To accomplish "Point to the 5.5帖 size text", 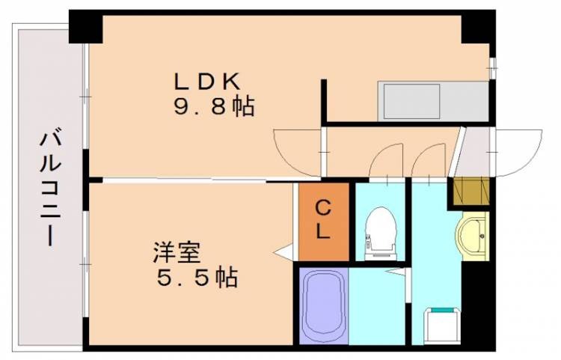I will (197, 278).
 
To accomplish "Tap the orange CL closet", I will (324, 221).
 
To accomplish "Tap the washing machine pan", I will (443, 326).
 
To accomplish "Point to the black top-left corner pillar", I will (85, 27).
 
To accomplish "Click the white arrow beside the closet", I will (283, 252).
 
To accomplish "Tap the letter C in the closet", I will (322, 207).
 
